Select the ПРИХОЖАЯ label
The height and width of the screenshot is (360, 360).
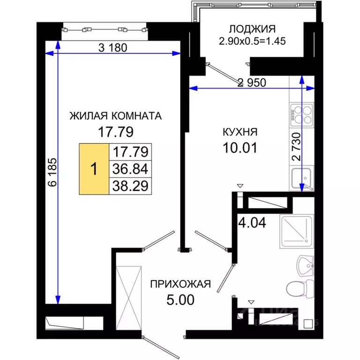point(180,284)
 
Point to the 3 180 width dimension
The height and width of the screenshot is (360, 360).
point(113,47)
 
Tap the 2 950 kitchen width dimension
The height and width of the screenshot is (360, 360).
point(252,83)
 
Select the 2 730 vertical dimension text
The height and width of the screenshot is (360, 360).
point(296,147)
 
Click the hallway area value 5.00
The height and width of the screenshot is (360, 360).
point(180,299)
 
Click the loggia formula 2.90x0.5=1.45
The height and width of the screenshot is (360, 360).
point(253,41)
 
